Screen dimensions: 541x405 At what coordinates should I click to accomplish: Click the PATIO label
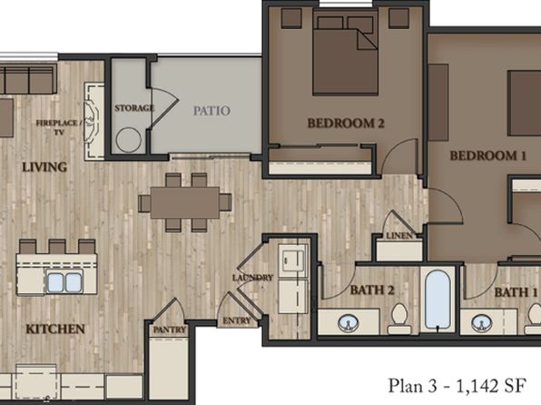pyautogui.click(x=211, y=111)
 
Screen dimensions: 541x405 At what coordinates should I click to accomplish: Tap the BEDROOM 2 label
pyautogui.click(x=346, y=123)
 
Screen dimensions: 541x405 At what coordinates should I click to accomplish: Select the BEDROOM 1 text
pyautogui.click(x=487, y=155)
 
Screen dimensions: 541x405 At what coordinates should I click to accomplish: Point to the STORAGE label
pyautogui.click(x=134, y=108)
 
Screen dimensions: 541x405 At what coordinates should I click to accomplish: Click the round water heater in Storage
pyautogui.click(x=129, y=140)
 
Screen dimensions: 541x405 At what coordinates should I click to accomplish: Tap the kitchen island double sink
pyautogui.click(x=64, y=282)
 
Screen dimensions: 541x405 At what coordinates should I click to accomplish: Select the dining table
pyautogui.click(x=184, y=202)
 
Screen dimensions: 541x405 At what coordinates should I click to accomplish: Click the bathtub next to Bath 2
pyautogui.click(x=438, y=299)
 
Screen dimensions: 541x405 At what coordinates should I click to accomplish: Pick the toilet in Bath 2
pyautogui.click(x=399, y=319)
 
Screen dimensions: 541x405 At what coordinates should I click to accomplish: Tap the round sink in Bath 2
pyautogui.click(x=349, y=323)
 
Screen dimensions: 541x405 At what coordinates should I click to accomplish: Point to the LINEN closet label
pyautogui.click(x=399, y=236)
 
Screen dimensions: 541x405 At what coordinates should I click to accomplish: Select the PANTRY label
pyautogui.click(x=170, y=330)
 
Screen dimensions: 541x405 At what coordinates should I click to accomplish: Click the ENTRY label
pyautogui.click(x=237, y=321)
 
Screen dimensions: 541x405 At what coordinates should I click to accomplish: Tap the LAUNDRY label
pyautogui.click(x=252, y=278)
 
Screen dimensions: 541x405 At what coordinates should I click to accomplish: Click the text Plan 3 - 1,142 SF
pyautogui.click(x=457, y=386)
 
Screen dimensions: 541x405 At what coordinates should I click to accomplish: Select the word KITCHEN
pyautogui.click(x=55, y=329)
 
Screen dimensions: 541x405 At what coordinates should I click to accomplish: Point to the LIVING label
pyautogui.click(x=44, y=167)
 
